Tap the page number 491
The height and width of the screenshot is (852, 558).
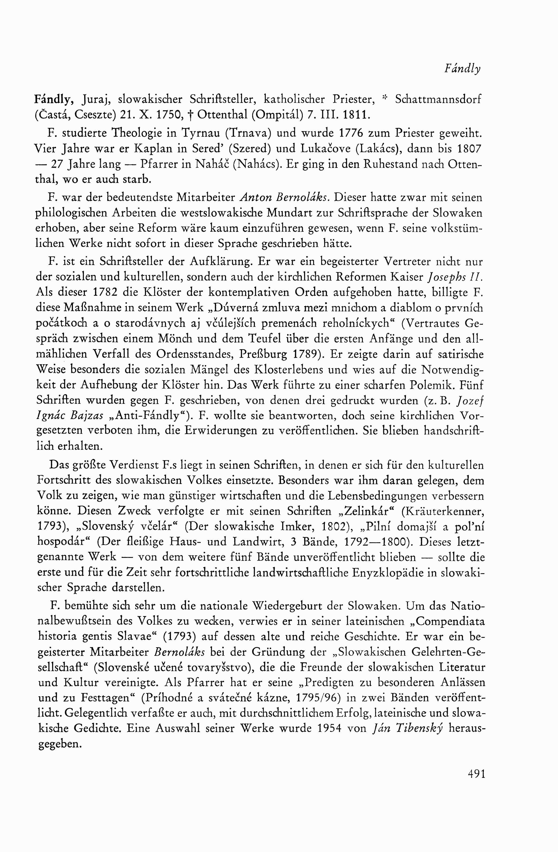pyautogui.click(x=476, y=774)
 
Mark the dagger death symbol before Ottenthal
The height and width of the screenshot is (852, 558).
pyautogui.click(x=190, y=114)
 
